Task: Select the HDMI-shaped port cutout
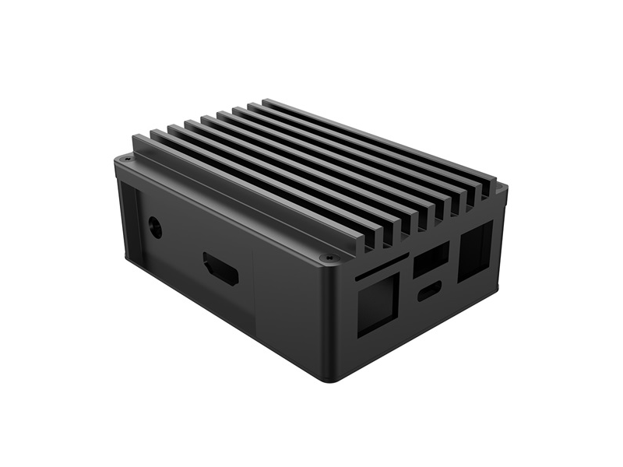click(x=221, y=269)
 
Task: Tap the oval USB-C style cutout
click(x=428, y=293)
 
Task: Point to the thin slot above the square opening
click(x=378, y=269)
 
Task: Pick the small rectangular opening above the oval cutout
click(x=431, y=259)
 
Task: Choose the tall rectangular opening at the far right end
click(x=475, y=251)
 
